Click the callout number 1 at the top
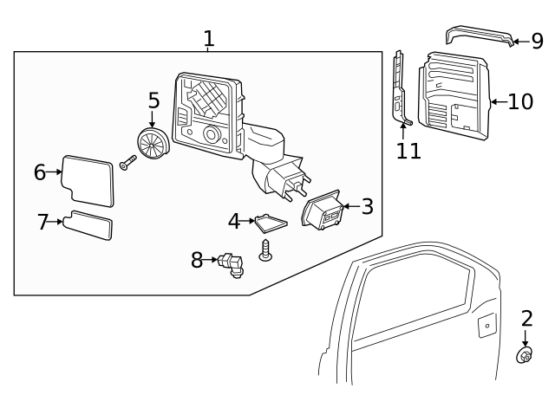[x=208, y=38]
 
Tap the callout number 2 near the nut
[x=526, y=319]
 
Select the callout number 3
[x=367, y=207]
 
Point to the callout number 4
[x=234, y=222]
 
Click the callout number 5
[x=153, y=100]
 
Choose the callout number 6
[x=40, y=172]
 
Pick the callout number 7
[x=43, y=223]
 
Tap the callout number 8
[x=198, y=259]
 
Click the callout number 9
[x=537, y=41]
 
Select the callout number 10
[x=520, y=102]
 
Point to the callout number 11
[x=408, y=151]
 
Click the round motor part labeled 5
[x=153, y=142]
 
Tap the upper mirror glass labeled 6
[x=88, y=180]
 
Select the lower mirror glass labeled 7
[x=90, y=226]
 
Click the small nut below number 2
[x=524, y=354]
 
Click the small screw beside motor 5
[x=127, y=161]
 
